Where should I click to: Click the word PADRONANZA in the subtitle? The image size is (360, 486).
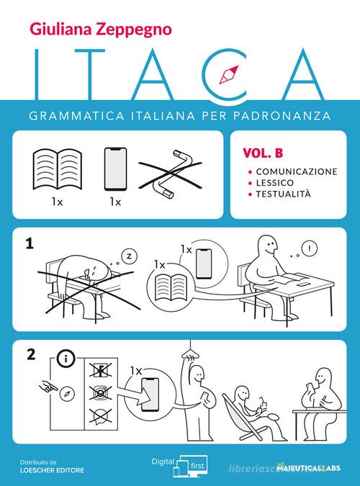tap(288, 114)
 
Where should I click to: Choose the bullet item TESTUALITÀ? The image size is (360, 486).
tap(281, 194)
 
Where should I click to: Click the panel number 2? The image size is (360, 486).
tap(30, 354)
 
